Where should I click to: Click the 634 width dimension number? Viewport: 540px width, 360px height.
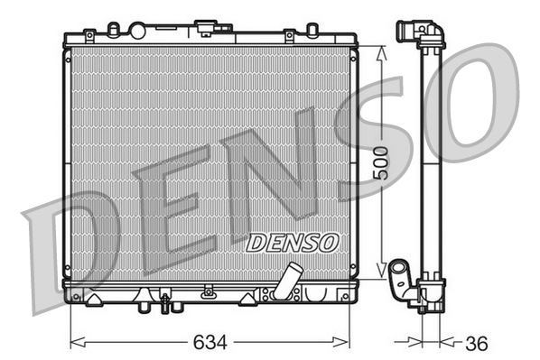click(x=210, y=344)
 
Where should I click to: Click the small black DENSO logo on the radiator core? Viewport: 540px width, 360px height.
click(x=292, y=242)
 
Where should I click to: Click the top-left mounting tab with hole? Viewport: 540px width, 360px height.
click(x=88, y=36)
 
